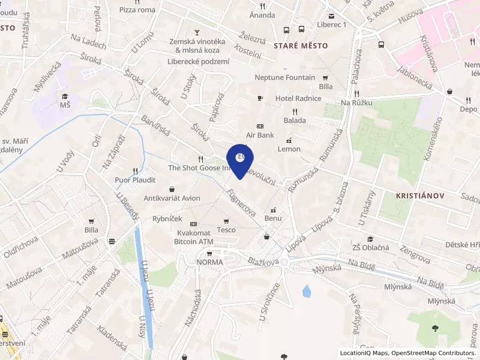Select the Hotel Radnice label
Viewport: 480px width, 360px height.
point(298,98)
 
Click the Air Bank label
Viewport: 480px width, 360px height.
point(260,135)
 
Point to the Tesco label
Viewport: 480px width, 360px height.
point(226,230)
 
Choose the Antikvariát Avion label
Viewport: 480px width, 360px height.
point(172,198)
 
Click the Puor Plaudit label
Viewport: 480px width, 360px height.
point(135,179)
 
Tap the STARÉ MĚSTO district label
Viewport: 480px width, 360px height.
point(301,46)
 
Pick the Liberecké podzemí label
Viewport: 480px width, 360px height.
point(198,61)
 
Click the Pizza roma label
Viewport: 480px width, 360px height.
point(138,10)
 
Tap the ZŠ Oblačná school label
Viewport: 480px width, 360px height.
point(371,247)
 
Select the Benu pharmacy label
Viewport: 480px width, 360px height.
point(273,218)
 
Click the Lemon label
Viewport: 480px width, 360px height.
point(289,149)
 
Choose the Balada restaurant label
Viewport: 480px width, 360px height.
point(295,120)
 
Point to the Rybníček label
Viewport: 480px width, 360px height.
point(167,219)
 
